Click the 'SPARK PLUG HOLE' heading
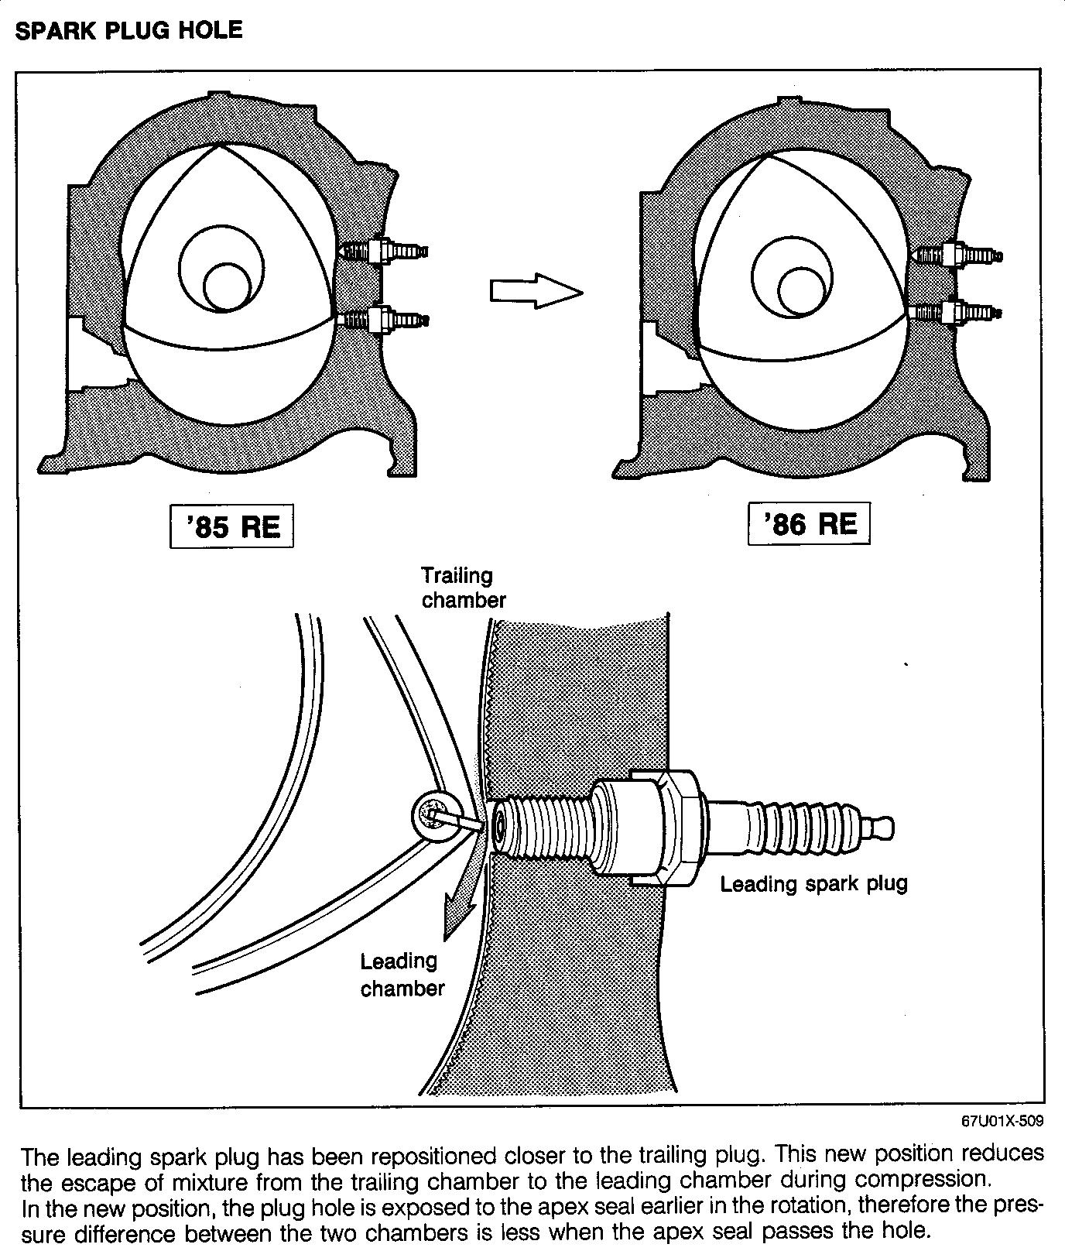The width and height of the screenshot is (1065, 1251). pos(128,31)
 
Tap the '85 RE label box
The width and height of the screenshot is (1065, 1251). pos(231,527)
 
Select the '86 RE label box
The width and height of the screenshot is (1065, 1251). pos(809,524)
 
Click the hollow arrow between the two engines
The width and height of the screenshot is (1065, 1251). pos(535,291)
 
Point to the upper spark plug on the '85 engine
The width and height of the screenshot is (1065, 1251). pos(383,251)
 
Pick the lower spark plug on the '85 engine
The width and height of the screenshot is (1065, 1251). pos(383,319)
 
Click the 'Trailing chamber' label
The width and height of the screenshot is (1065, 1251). pos(463,588)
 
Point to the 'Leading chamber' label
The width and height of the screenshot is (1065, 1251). pos(402,975)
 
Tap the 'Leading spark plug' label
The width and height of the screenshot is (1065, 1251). pos(813,883)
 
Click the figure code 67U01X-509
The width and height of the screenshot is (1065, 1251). pos(1002,1121)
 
